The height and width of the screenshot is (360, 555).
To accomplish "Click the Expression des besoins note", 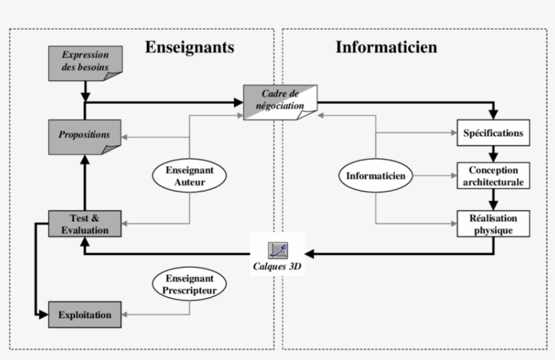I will pos(85,63).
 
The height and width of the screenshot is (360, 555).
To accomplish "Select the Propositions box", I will pos(85,135).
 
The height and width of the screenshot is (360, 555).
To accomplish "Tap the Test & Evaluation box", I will pos(85,224).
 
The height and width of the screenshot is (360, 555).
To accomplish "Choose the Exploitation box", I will pos(85,315).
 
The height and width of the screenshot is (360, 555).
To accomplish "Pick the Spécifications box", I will pos(493,133).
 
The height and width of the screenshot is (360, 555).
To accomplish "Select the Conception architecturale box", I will pos(493,176).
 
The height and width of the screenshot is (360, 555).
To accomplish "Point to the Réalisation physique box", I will pos(493,224).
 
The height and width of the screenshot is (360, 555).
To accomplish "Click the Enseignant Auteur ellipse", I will pos(190,176).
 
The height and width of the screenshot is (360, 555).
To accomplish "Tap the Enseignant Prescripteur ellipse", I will pos(189,284).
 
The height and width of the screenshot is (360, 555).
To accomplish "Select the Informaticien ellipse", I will pos(376,176).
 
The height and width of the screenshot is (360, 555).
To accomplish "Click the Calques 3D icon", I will pos(278,250).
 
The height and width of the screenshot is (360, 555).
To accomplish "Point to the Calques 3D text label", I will pos(278,267).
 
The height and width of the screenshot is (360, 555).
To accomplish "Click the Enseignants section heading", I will pos(190,47).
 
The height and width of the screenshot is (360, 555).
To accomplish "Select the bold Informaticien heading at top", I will pos(386,47).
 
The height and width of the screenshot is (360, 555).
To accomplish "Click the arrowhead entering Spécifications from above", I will pos(493,116).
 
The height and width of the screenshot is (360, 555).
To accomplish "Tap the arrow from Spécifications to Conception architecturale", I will pos(493,154).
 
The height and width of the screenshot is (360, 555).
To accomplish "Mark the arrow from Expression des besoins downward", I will pos(85,91).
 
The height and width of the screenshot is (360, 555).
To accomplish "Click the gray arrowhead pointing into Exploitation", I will pos(127,315).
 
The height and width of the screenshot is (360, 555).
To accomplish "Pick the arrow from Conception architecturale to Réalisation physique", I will pos(493,200).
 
